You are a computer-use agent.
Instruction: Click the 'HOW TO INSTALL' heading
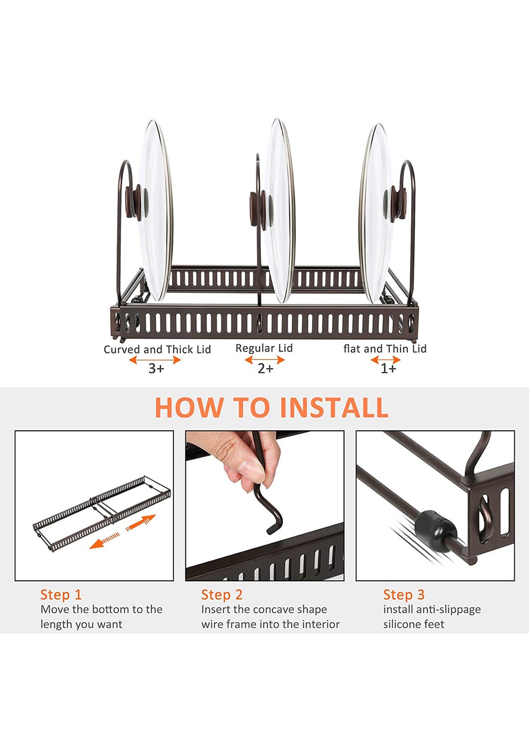click(x=271, y=407)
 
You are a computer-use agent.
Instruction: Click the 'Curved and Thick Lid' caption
click(x=157, y=349)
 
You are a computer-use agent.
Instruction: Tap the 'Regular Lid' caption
click(x=264, y=348)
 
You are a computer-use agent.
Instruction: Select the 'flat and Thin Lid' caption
click(x=385, y=348)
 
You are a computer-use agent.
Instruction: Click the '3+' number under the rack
click(x=156, y=369)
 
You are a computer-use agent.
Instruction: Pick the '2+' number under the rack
click(x=266, y=369)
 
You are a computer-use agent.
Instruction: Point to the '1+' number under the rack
click(x=388, y=369)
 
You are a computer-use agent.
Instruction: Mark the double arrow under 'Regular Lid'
click(x=265, y=360)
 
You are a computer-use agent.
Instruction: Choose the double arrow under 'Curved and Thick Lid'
click(x=155, y=360)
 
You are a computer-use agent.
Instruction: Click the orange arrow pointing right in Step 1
click(x=141, y=522)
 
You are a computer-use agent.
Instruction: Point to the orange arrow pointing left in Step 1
click(x=104, y=541)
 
